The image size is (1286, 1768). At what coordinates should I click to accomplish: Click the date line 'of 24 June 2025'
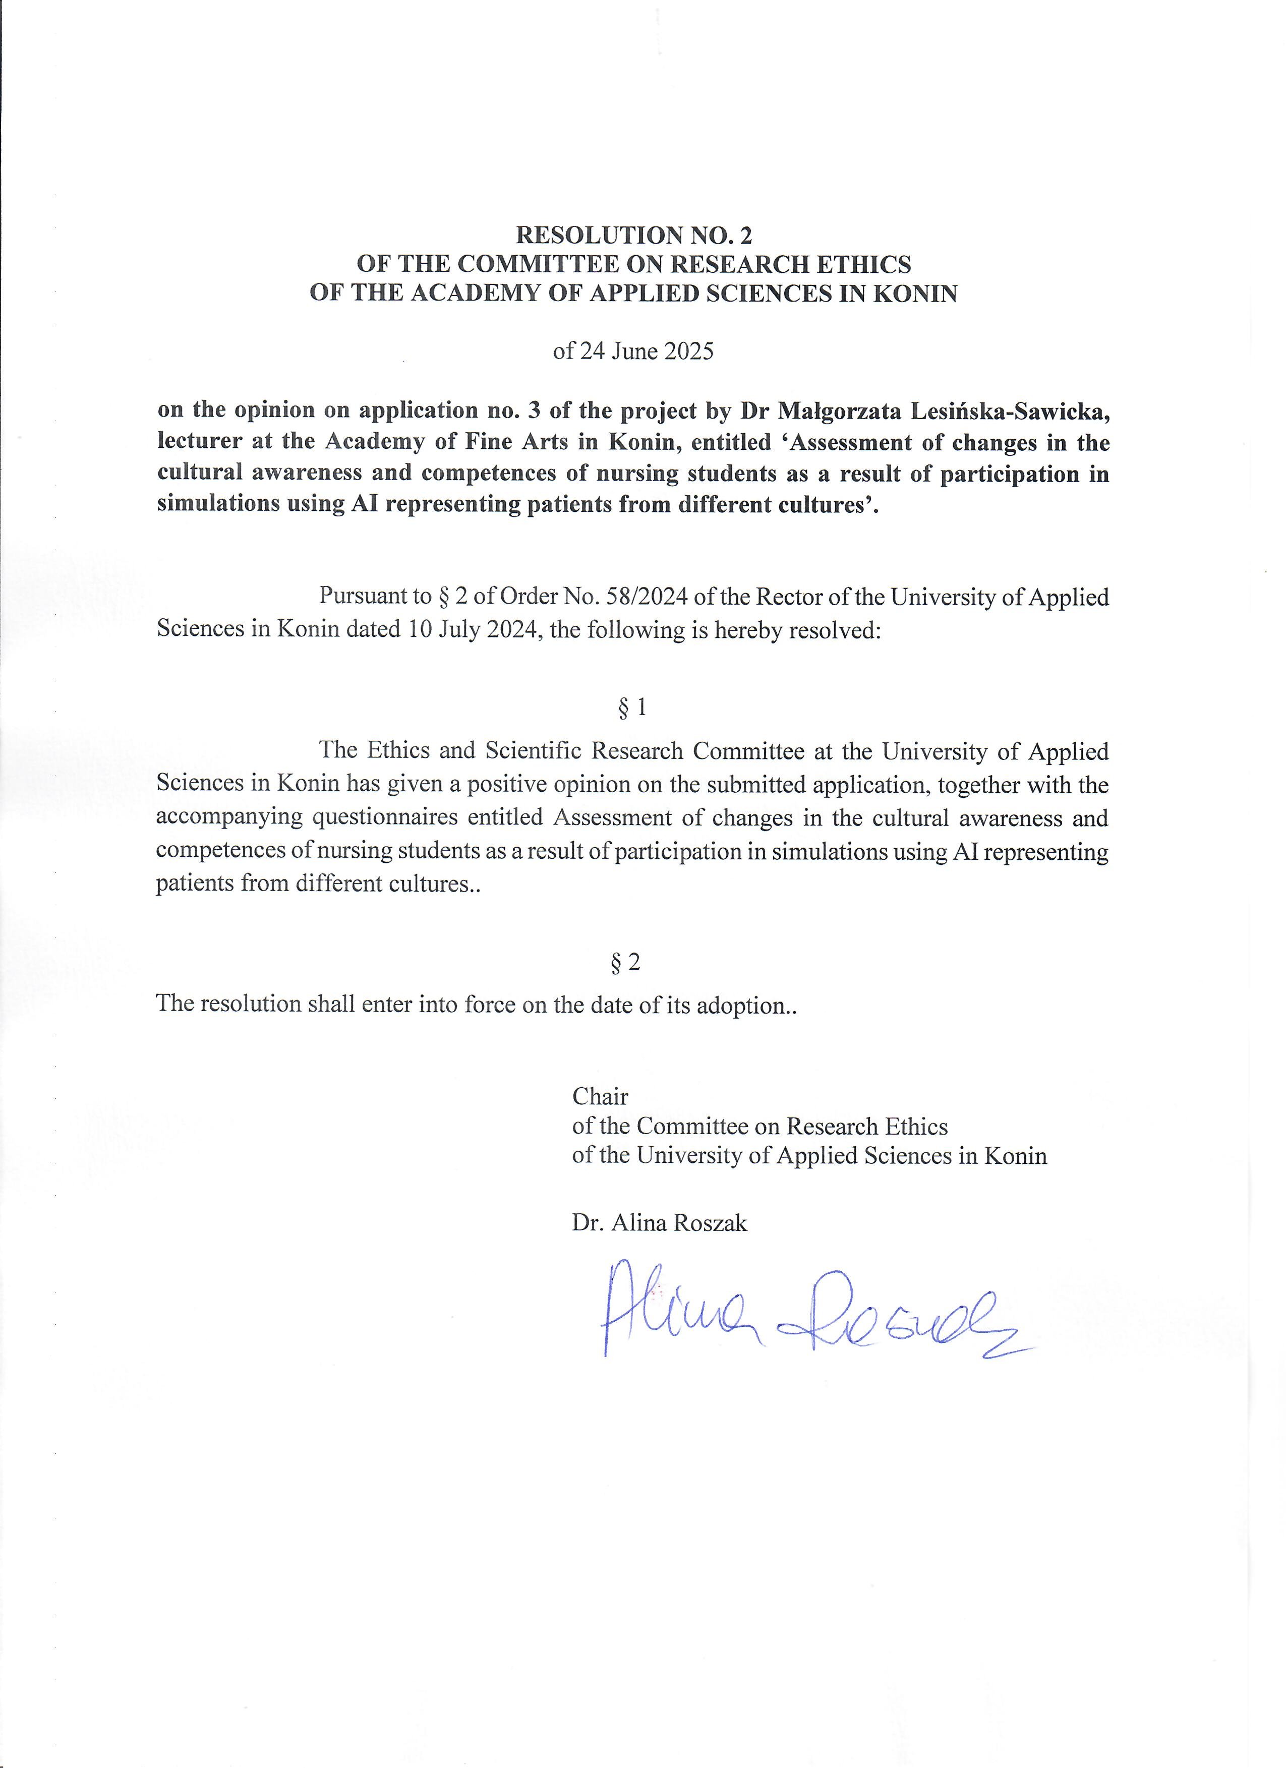click(633, 351)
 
